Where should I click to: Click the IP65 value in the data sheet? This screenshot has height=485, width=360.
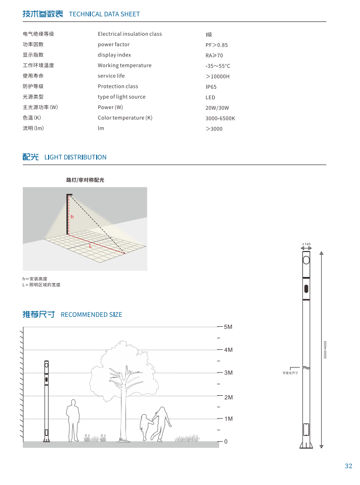211,87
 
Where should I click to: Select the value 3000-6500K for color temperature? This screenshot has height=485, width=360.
220,119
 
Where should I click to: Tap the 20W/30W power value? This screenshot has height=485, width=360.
217,108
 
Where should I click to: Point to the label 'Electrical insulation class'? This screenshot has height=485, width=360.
129,34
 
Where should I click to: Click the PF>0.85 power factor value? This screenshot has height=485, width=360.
217,45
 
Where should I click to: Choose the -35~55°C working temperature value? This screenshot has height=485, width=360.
218,66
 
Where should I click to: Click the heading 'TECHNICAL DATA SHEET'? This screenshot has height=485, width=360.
104,14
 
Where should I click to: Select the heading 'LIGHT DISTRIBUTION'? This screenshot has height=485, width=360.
75,157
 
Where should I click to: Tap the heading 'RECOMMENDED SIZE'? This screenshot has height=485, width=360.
91,314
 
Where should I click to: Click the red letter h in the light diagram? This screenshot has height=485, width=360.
71,217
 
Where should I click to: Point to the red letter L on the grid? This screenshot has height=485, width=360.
90,245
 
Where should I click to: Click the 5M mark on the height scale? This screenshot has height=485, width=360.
228,327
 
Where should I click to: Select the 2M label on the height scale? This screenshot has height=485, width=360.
228,397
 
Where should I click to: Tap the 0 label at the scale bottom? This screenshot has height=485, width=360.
226,441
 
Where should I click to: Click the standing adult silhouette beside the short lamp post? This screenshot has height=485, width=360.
73,421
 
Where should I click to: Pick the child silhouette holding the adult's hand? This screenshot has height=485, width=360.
144,427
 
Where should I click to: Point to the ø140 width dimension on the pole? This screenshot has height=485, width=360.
306,244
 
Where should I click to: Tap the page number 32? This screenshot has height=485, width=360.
348,466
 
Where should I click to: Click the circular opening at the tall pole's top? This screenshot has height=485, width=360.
306,260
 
